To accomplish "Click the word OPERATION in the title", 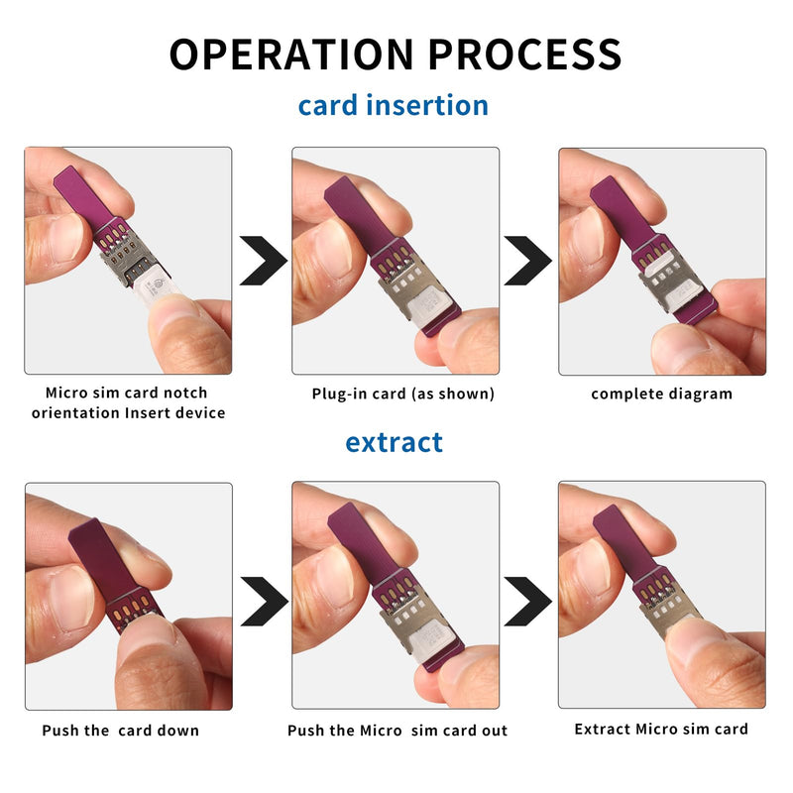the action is (x=291, y=55).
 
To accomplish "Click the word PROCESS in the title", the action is (x=525, y=55).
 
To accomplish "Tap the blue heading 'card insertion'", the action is (x=393, y=105).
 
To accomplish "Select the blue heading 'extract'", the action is (x=394, y=442).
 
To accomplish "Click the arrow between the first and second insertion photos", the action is (x=264, y=261).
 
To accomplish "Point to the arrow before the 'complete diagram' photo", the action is (x=528, y=261).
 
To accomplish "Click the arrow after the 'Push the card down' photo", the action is (x=265, y=602).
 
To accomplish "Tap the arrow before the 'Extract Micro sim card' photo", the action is (x=528, y=602).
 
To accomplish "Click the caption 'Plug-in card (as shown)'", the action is (x=403, y=394).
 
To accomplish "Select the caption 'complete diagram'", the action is (x=661, y=394).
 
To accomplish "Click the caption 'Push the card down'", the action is (x=120, y=731).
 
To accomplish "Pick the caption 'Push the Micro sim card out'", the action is (x=397, y=731).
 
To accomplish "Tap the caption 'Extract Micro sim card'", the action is (x=661, y=729).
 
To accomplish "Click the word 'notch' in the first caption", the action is (x=185, y=393).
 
